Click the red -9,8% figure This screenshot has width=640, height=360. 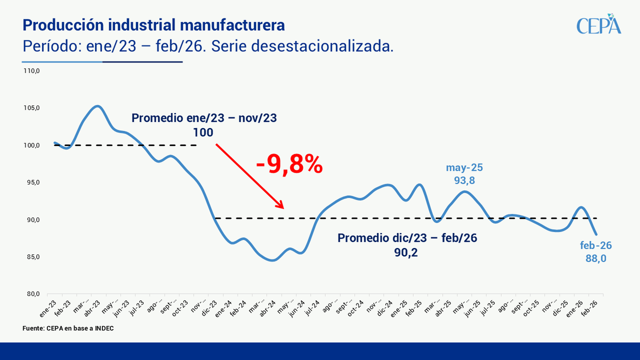click(289, 164)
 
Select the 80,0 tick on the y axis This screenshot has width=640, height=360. click(34, 294)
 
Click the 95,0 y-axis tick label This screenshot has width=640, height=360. click(34, 182)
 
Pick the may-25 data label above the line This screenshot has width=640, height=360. click(464, 167)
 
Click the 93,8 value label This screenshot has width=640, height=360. click(464, 181)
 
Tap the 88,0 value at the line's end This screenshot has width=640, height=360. click(596, 259)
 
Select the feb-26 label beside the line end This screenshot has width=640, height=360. click(596, 246)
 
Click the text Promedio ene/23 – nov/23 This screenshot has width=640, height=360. click(204, 118)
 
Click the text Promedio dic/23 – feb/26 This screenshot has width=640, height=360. click(407, 238)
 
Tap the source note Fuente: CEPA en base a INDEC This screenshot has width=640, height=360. click(68, 329)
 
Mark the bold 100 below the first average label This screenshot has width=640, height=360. click(204, 132)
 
